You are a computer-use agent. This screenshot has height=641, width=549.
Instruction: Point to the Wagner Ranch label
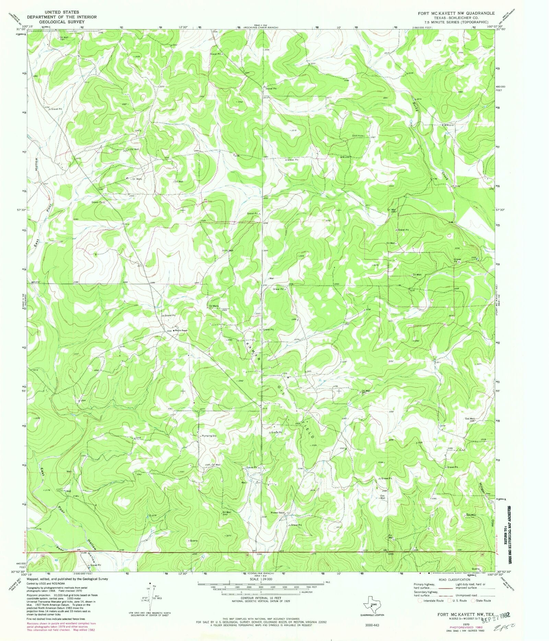pyautogui.click(x=278, y=513)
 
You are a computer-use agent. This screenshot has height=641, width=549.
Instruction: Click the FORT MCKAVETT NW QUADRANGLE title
pyautogui.click(x=456, y=13)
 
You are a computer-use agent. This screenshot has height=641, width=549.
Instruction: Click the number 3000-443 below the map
pyautogui.click(x=372, y=625)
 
